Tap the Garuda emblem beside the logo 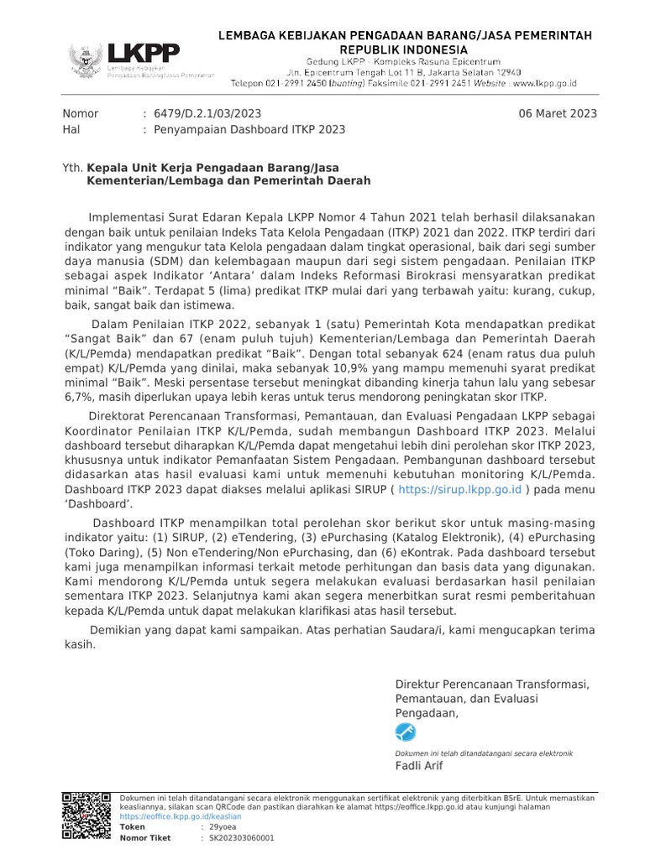click(86, 61)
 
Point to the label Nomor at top click(81, 113)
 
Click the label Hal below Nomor click(71, 130)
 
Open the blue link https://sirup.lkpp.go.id click(460, 489)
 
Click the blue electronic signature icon click(406, 732)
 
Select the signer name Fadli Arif click(419, 766)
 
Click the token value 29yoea click(223, 827)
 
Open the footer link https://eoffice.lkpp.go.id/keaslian click(181, 816)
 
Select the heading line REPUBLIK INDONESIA click(405, 49)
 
